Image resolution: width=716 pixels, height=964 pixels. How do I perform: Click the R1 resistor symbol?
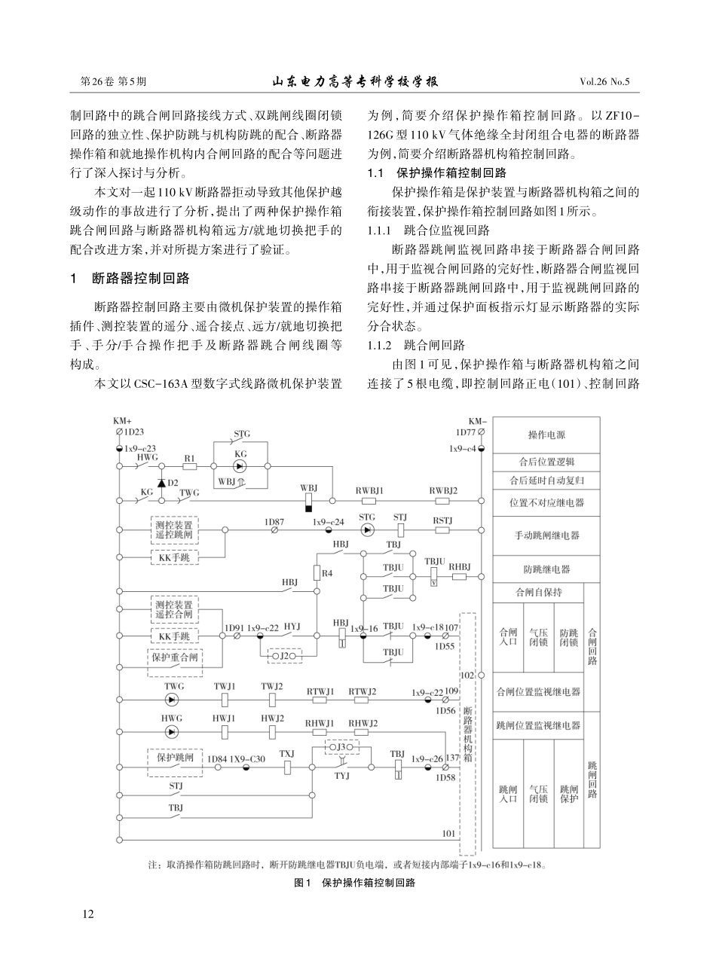[189, 466]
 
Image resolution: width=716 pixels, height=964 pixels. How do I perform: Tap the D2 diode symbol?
[161, 482]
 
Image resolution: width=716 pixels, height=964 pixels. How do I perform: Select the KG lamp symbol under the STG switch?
[240, 466]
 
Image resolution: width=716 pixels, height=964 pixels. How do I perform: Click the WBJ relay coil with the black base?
[308, 502]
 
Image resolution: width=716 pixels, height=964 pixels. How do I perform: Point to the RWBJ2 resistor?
[442, 499]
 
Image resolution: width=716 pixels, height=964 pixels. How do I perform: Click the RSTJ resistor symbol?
[442, 529]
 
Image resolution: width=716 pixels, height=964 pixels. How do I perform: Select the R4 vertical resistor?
[317, 572]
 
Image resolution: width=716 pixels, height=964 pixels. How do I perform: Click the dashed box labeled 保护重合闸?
[175, 657]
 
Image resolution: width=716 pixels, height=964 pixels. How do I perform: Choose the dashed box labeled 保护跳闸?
[175, 758]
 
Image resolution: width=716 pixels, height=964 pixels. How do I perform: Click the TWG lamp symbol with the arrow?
[173, 700]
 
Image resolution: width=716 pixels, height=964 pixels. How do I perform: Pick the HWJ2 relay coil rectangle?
[272, 731]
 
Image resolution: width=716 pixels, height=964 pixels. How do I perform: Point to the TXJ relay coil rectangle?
[287, 767]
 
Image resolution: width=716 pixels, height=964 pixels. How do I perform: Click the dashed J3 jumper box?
[341, 746]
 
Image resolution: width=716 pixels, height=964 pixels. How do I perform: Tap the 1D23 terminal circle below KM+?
[119, 432]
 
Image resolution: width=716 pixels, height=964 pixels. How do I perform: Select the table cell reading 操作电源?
[546, 435]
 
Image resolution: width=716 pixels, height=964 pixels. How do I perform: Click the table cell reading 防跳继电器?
[546, 569]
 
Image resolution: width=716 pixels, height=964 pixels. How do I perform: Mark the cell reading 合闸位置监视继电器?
[539, 691]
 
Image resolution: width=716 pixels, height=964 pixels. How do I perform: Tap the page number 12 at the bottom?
[88, 914]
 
